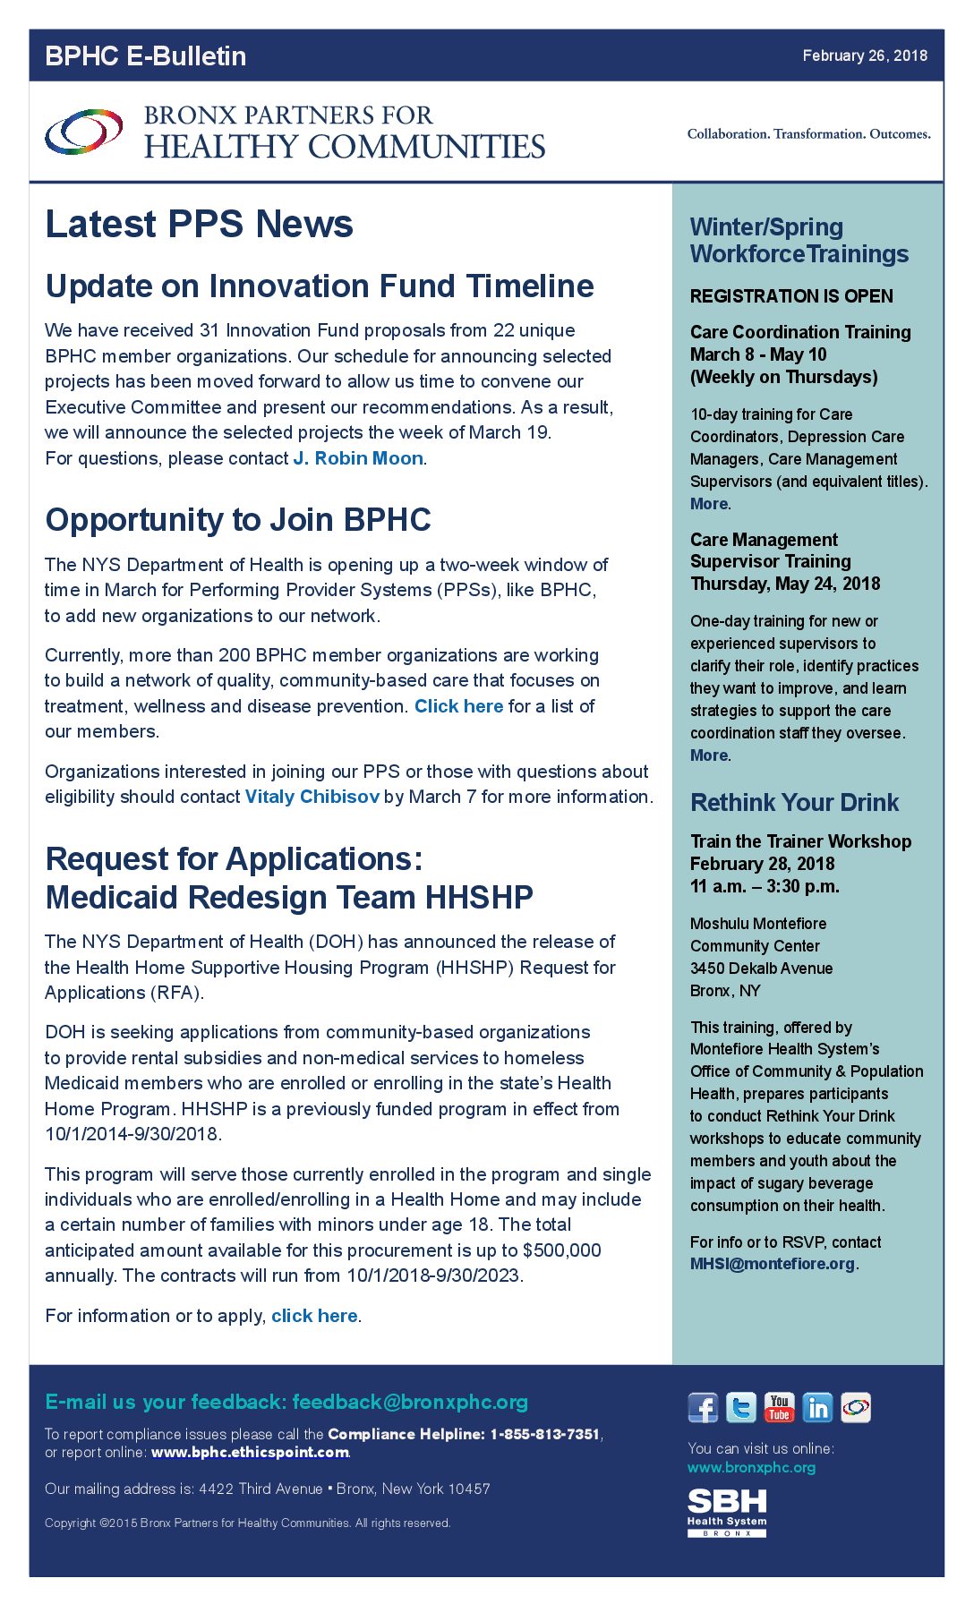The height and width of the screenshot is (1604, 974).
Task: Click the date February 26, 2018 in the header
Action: click(x=864, y=55)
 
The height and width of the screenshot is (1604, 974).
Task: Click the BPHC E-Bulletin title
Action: click(x=145, y=56)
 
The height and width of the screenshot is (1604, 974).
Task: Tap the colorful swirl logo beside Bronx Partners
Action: click(x=83, y=132)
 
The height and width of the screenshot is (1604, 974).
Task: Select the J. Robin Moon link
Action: click(x=358, y=458)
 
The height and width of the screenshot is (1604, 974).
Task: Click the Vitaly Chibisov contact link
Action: click(x=312, y=797)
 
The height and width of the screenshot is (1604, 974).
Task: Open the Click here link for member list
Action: click(x=458, y=706)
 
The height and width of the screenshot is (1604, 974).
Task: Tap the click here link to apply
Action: click(x=314, y=1316)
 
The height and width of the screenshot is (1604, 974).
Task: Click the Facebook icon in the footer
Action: click(x=703, y=1408)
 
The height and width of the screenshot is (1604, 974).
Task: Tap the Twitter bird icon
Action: click(x=741, y=1408)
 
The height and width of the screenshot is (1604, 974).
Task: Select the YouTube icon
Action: click(x=779, y=1408)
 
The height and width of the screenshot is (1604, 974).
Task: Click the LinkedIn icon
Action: click(x=817, y=1408)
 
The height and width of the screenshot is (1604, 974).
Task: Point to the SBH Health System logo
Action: click(x=727, y=1512)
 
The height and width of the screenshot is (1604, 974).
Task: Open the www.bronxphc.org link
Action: click(x=751, y=1467)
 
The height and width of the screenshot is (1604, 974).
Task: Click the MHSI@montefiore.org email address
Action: click(x=773, y=1264)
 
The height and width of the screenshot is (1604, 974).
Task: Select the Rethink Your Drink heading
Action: click(x=794, y=803)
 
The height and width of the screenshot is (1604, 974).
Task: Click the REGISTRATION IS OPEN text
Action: click(x=791, y=296)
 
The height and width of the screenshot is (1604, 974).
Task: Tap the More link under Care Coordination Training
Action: click(x=709, y=504)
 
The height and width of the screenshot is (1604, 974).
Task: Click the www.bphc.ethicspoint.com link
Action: click(x=250, y=1452)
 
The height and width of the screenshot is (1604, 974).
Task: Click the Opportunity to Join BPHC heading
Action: click(x=238, y=520)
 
